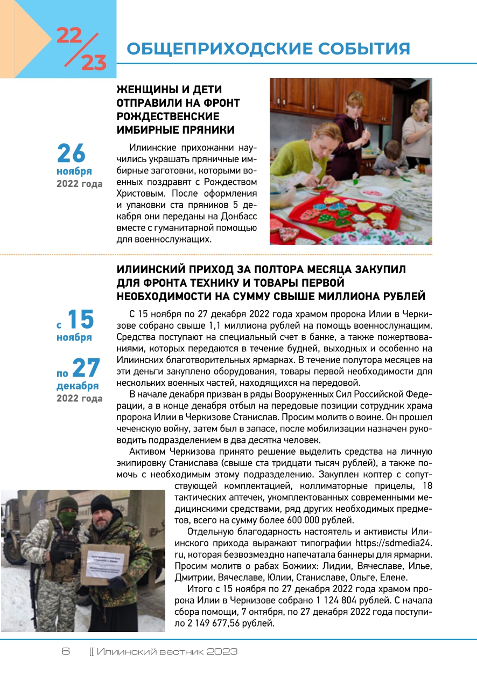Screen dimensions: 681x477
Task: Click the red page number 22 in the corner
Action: (69, 36)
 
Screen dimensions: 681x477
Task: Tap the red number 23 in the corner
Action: (94, 63)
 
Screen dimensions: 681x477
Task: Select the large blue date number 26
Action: (71, 154)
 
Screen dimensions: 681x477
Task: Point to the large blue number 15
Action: (80, 320)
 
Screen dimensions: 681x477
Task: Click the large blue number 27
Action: (86, 369)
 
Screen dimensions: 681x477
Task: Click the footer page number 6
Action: (66, 651)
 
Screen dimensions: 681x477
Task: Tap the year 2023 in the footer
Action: (222, 651)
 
